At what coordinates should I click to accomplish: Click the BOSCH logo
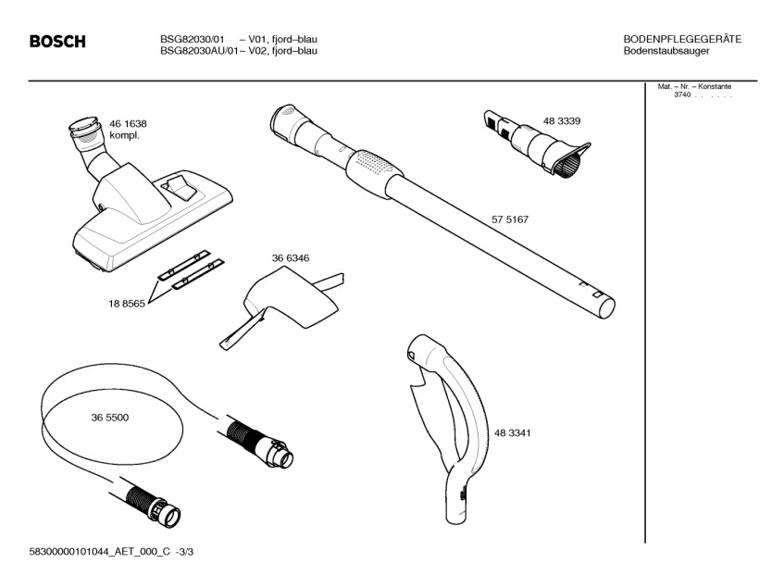click(57, 42)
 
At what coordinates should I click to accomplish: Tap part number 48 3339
click(562, 121)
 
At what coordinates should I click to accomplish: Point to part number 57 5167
click(509, 219)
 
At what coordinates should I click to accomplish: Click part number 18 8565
click(127, 303)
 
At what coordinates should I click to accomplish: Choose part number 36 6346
click(290, 258)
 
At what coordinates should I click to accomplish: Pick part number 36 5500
click(110, 418)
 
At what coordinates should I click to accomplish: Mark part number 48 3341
click(512, 432)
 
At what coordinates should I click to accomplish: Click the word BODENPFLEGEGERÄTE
click(682, 39)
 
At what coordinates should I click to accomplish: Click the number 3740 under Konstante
click(682, 95)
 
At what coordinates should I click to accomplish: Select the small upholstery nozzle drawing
click(536, 144)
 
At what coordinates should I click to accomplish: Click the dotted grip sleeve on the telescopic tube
click(375, 169)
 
